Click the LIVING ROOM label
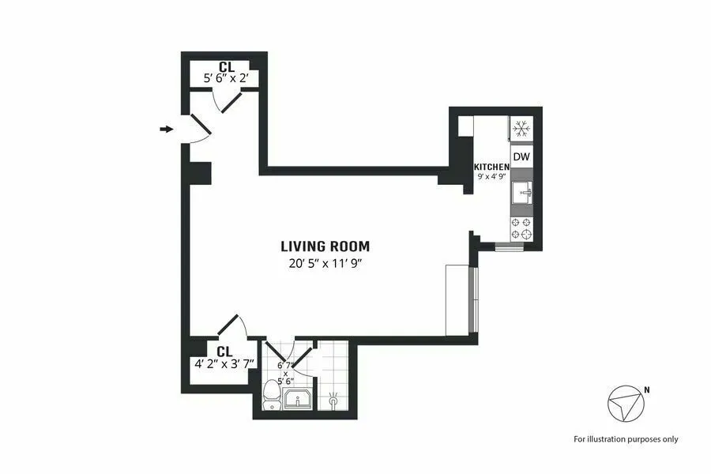pos(325,246)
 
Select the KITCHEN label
pos(491,167)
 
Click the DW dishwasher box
pos(521,157)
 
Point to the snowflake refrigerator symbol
pos(521,129)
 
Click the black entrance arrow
pos(166,129)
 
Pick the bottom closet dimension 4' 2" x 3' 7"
pos(224,364)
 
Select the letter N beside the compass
pos(648,389)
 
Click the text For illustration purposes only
pos(626,438)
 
